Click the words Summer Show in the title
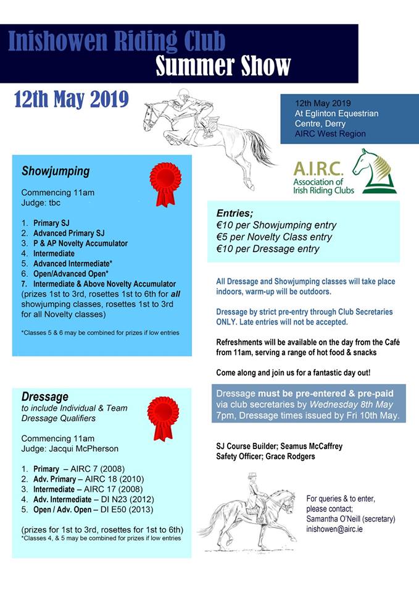[x=223, y=66]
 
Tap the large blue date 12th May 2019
[x=71, y=99]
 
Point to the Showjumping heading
[x=56, y=171]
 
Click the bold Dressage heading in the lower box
[x=45, y=397]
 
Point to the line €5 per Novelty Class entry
[x=274, y=237]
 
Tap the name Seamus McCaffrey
[x=312, y=446]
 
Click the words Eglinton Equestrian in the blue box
[x=336, y=114]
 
